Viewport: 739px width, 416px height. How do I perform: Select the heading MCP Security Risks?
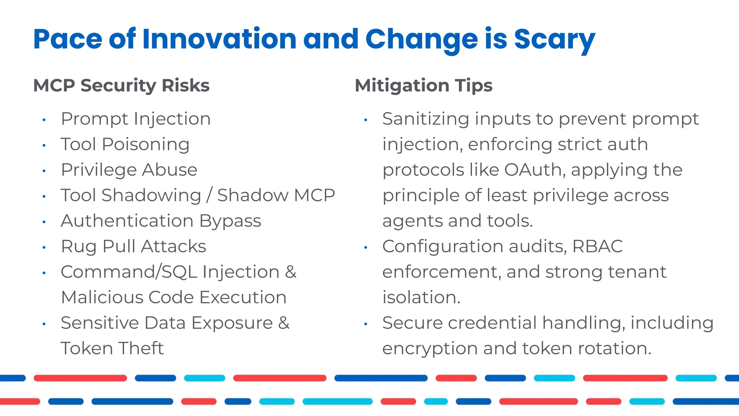121,86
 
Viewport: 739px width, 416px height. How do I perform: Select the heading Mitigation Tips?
424,86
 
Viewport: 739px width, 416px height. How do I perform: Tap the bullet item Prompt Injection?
136,119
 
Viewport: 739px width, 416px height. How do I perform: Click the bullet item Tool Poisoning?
125,144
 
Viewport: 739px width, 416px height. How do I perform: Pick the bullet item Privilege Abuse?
129,170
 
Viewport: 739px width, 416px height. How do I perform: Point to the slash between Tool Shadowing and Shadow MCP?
209,195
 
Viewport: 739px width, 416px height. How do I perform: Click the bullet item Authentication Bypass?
161,221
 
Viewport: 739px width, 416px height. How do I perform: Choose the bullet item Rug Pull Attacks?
134,247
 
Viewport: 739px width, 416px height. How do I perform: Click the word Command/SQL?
129,272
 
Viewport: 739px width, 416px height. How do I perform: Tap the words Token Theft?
112,348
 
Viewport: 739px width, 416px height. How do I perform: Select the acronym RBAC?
597,247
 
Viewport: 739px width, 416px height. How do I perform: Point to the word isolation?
421,298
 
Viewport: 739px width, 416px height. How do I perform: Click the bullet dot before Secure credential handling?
366,324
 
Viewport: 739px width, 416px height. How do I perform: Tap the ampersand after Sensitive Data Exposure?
284,323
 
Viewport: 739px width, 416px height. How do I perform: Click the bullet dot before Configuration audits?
366,247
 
